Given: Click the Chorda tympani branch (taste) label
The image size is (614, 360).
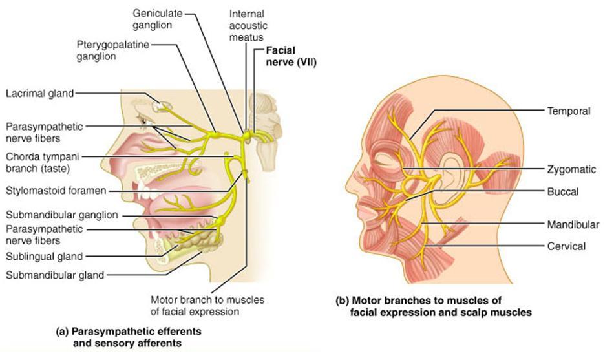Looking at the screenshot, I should [44, 162].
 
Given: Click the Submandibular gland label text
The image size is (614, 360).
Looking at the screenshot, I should [54, 275].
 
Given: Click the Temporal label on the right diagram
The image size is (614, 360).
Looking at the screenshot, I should [569, 111].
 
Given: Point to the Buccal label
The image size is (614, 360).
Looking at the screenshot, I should [562, 191].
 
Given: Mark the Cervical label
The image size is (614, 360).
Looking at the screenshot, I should [566, 246].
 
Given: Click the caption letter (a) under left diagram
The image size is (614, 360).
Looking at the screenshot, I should [62, 331].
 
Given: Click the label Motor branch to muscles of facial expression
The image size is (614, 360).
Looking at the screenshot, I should [207, 305].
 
